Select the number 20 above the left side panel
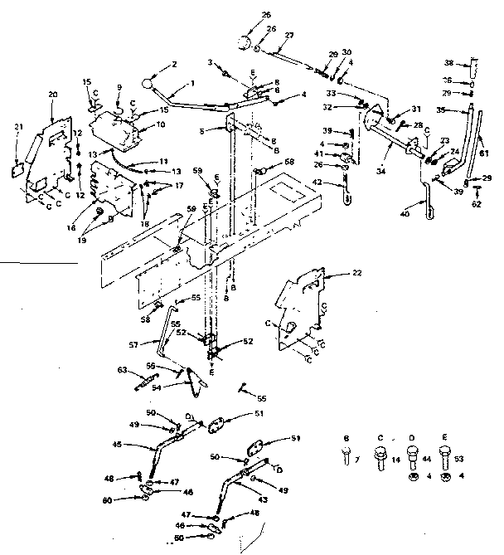53,95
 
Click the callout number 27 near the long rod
289,35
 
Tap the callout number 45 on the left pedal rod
117,444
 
